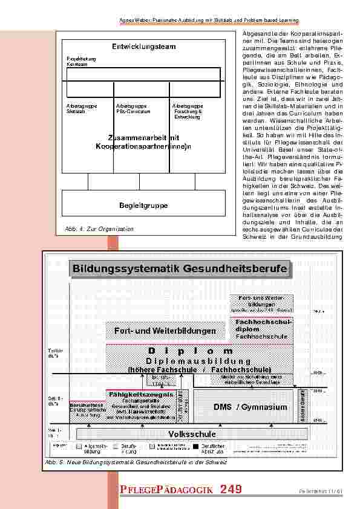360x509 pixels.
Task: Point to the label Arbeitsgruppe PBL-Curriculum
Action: pyautogui.click(x=132, y=109)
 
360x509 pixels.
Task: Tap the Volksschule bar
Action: pyautogui.click(x=191, y=433)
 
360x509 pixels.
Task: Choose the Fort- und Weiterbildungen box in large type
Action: pyautogui.click(x=165, y=331)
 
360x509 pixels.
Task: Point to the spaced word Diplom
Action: pyautogui.click(x=189, y=351)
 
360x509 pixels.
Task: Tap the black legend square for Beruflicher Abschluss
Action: pyautogui.click(x=195, y=447)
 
